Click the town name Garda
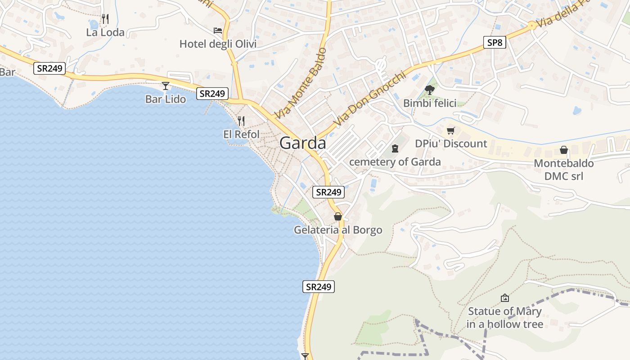point(302,143)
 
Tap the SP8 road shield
point(494,43)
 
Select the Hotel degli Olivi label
point(218,44)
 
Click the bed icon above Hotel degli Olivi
point(218,30)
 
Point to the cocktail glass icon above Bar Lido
point(166,85)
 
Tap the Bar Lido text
point(166,99)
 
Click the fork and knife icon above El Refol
point(241,121)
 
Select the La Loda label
point(105,32)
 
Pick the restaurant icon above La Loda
point(105,19)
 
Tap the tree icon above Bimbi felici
point(430,90)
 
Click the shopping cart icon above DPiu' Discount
point(451,130)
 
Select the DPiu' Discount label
point(451,144)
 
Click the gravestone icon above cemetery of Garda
point(395,148)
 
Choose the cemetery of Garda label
point(395,162)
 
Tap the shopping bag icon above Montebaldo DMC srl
point(563,150)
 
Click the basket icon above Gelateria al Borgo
point(338,216)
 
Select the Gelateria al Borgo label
point(338,230)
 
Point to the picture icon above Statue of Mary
point(505,298)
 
